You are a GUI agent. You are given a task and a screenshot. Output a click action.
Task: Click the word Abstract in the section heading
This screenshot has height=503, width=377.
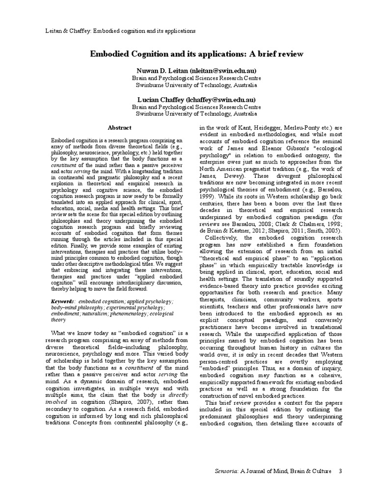(x=119, y=127)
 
